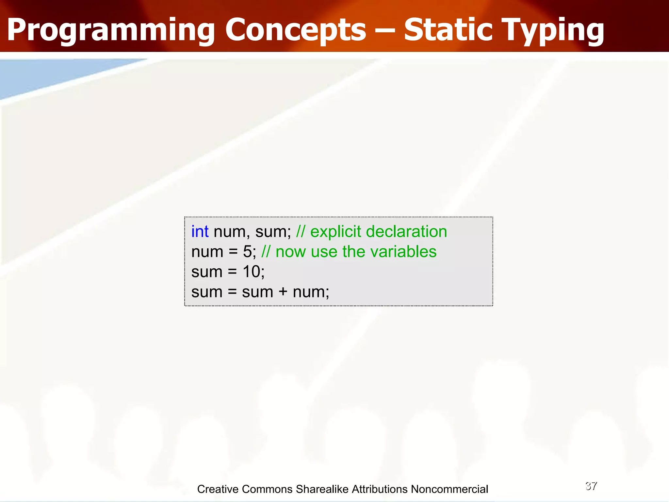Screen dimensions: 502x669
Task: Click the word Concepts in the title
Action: coord(296,30)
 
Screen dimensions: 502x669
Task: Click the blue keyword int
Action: coord(200,231)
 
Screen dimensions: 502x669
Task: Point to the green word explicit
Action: coord(335,231)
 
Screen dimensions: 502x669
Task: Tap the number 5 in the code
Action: coord(247,252)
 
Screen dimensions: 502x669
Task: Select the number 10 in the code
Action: coord(251,272)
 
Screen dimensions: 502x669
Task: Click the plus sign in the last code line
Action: coord(283,292)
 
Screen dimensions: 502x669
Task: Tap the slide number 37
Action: coord(591,486)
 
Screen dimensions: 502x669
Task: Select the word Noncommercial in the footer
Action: coord(449,489)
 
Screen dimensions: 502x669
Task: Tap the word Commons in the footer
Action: coord(267,489)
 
